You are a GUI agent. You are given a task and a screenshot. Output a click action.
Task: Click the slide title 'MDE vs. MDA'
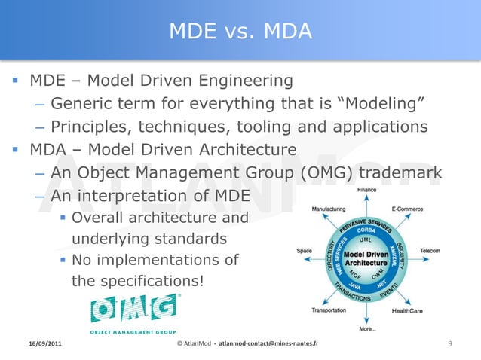pos(240,31)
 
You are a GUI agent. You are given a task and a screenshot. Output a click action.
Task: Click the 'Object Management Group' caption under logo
pos(134,331)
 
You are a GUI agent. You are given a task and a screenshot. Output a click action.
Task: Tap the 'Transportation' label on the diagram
pos(329,310)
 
